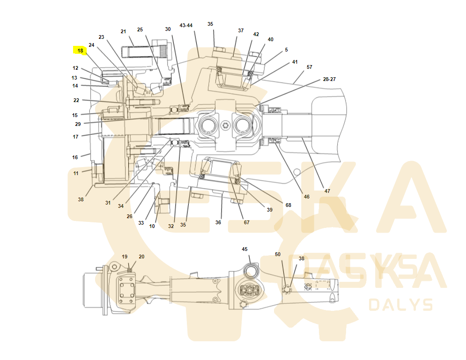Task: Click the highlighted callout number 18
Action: tap(80, 51)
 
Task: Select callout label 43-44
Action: tap(186, 26)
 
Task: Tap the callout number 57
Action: tap(310, 67)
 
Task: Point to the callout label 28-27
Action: tap(329, 79)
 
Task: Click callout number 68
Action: tap(288, 205)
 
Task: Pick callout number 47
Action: tap(327, 191)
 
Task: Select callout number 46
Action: tap(307, 197)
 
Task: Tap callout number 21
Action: tap(123, 31)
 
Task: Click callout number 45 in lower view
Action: tap(244, 249)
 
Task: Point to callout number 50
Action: tap(278, 254)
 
